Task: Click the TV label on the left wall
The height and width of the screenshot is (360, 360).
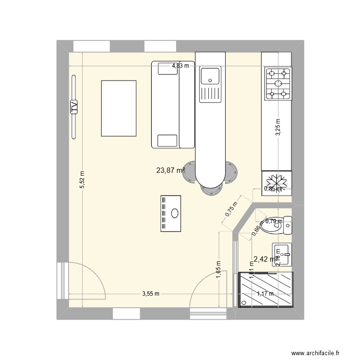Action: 74,106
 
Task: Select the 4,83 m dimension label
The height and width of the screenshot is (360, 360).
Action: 180,66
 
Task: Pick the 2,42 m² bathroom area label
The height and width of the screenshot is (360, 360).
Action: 265,259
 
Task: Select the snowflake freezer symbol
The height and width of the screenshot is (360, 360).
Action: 276,182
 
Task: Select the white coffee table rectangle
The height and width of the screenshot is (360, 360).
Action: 119,108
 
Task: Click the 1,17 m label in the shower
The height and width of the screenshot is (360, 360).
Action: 265,294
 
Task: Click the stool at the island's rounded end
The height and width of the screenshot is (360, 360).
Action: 210,190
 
